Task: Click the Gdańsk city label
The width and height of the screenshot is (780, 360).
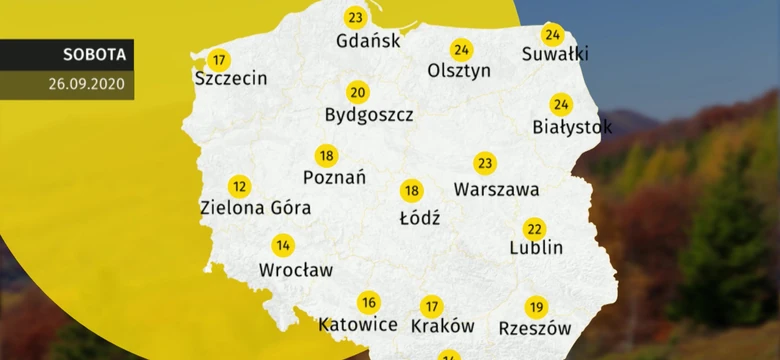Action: point(370,41)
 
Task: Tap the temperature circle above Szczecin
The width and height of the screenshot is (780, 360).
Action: point(218,59)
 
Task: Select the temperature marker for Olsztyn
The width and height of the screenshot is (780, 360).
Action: point(461,50)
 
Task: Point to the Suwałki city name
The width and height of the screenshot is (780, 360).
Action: point(555,54)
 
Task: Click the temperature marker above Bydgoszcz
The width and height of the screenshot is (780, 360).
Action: point(357,92)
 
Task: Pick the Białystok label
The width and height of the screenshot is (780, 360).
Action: point(572,127)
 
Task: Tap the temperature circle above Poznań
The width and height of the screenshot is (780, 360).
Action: point(326,156)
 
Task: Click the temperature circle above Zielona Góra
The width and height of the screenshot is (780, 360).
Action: point(239,186)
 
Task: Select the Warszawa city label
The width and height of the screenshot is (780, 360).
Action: point(496,188)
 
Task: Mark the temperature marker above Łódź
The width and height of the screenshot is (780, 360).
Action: point(411,191)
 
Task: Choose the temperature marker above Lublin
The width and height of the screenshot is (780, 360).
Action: point(535,229)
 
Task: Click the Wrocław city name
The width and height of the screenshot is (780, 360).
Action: point(296,269)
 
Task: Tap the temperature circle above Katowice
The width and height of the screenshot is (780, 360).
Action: point(368,303)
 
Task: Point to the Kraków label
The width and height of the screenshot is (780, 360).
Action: point(442,326)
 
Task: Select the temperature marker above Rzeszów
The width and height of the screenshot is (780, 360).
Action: point(536,307)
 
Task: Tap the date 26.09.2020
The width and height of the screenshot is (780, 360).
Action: point(86,84)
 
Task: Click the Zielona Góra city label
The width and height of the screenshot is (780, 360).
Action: point(255,208)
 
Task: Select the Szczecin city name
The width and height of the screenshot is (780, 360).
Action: point(231,78)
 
